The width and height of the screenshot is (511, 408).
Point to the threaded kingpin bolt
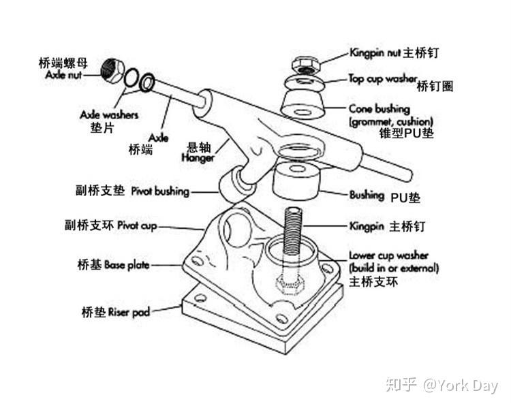pyautogui.click(x=292, y=232)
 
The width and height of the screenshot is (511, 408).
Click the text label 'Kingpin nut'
pyautogui.click(x=374, y=52)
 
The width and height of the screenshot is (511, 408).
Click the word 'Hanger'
pyautogui.click(x=198, y=158)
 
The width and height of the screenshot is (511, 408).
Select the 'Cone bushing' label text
pyautogui.click(x=380, y=109)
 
